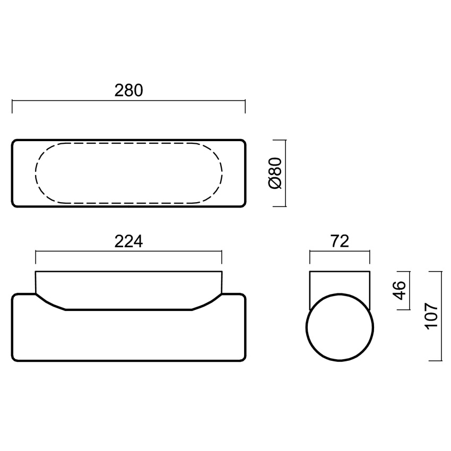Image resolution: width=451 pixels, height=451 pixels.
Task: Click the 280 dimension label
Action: (128, 90)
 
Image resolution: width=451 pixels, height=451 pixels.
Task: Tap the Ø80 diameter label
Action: (275, 173)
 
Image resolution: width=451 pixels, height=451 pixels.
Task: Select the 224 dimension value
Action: (128, 241)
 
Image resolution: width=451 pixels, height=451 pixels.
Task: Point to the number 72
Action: (340, 241)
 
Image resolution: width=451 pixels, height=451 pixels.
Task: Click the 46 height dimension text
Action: (399, 291)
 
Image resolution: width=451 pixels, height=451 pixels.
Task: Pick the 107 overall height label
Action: (431, 316)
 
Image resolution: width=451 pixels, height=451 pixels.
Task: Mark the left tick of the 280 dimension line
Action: (12, 107)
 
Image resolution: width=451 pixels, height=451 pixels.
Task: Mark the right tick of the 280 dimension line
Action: (245, 107)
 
